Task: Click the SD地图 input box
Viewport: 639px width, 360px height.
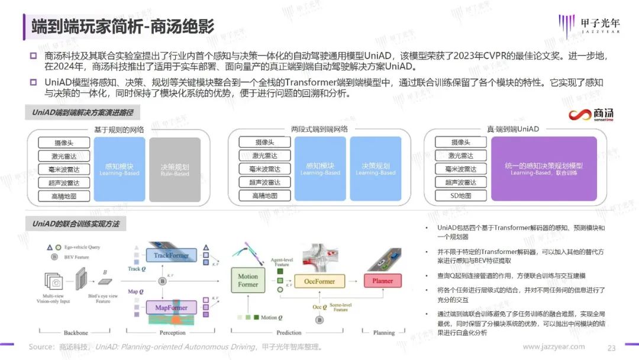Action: click(460, 195)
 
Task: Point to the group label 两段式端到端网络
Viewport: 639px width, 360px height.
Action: click(319, 128)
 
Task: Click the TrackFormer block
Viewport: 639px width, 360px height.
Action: click(171, 256)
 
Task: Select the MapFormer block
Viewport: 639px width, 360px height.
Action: click(171, 307)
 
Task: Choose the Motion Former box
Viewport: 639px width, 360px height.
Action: click(248, 280)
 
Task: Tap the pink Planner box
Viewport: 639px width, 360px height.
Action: click(382, 281)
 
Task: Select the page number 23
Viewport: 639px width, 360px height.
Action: click(612, 348)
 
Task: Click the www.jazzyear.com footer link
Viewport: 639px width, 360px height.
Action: click(554, 347)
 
